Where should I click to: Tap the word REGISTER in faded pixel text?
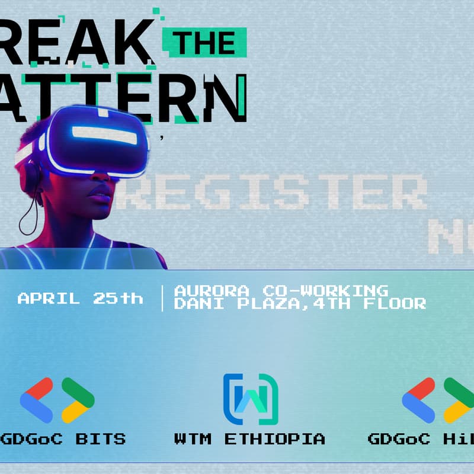[x=270, y=192]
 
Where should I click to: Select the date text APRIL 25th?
[x=80, y=298]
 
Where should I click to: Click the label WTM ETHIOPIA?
[x=249, y=439]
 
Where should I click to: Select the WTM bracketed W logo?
[x=250, y=399]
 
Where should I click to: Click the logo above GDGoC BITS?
[x=57, y=400]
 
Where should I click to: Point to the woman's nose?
[x=102, y=181]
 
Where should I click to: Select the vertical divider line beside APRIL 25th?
[x=162, y=298]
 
